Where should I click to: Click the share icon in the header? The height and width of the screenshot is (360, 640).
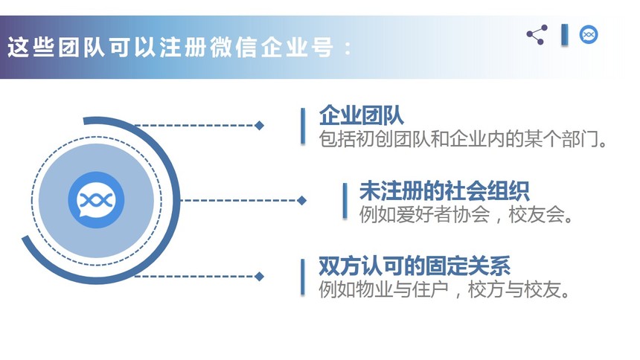(x=537, y=35)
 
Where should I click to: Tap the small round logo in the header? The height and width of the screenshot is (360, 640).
(x=589, y=35)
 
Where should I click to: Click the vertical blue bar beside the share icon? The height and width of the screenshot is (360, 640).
(x=565, y=35)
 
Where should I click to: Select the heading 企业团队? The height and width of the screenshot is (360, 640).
(x=362, y=115)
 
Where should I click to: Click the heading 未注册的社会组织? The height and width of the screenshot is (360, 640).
(x=444, y=190)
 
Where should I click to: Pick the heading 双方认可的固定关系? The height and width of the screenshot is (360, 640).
(x=415, y=266)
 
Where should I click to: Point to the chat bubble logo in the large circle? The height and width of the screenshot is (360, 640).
(x=96, y=200)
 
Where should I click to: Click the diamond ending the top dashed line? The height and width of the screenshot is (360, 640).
(x=259, y=125)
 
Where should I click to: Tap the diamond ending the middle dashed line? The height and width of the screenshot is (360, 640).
(x=301, y=200)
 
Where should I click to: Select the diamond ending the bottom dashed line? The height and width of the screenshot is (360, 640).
(x=259, y=277)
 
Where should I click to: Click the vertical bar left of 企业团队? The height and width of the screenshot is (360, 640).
(x=303, y=126)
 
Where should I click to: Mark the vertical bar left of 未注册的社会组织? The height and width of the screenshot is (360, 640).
(x=345, y=201)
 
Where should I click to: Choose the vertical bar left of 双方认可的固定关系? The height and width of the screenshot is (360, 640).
(x=303, y=277)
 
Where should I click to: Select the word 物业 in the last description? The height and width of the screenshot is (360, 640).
(x=374, y=290)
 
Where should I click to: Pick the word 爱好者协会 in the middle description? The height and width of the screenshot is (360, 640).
(x=443, y=215)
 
